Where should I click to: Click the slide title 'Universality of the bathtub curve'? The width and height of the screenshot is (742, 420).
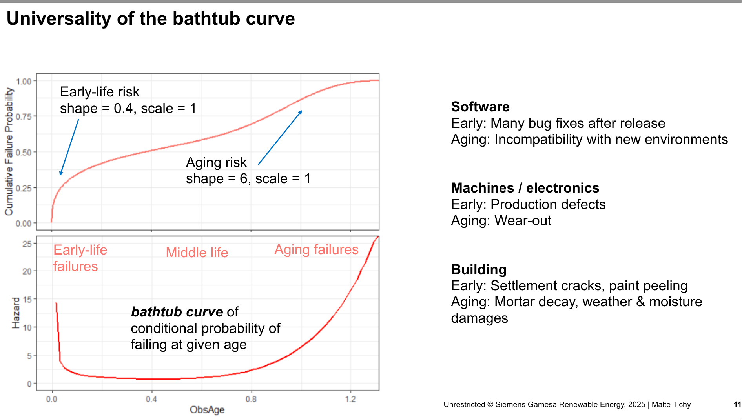[151, 18]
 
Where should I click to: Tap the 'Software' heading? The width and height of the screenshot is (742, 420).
[480, 107]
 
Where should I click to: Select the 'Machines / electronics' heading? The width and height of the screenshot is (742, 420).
[525, 188]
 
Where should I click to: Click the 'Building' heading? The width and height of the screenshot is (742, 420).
[479, 269]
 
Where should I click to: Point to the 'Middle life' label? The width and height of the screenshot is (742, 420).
[197, 253]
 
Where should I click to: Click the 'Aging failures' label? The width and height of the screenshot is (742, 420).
[316, 249]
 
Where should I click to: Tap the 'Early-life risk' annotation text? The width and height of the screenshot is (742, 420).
[100, 92]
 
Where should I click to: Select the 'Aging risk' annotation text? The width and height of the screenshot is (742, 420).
[216, 162]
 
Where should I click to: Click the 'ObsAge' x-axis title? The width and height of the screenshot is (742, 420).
[207, 410]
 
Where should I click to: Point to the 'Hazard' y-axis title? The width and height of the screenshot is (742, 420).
[16, 313]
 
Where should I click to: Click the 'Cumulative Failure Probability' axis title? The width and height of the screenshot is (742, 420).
[9, 151]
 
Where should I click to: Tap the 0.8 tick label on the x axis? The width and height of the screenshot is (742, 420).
[251, 399]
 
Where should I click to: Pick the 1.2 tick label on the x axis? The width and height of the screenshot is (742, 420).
[350, 399]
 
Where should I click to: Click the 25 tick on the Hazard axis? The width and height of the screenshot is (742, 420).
[27, 244]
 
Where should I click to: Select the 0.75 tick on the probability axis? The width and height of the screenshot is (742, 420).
[24, 116]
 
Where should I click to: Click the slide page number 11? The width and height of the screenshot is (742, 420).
[737, 404]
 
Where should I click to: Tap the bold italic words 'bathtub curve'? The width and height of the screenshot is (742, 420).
[177, 312]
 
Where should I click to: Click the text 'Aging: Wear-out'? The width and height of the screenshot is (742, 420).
[501, 220]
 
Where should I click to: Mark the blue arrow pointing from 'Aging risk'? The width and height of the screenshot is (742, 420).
[280, 137]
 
